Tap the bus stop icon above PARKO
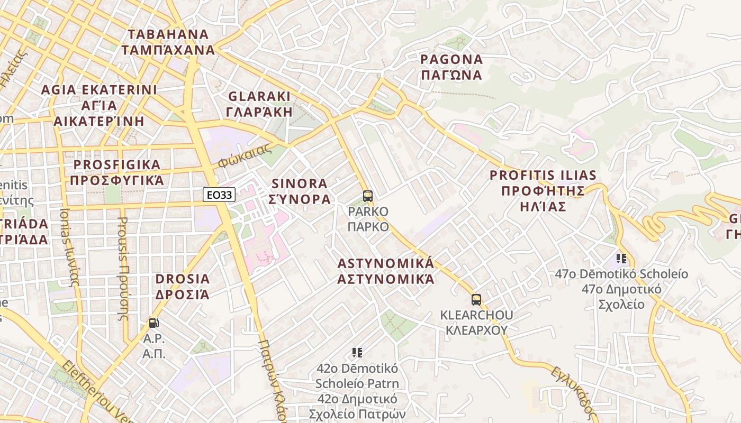[368, 196]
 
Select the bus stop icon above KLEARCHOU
[476, 300]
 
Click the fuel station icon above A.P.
[153, 323]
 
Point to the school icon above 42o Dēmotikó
[357, 352]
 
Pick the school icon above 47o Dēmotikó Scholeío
[621, 259]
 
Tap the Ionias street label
[69, 247]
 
